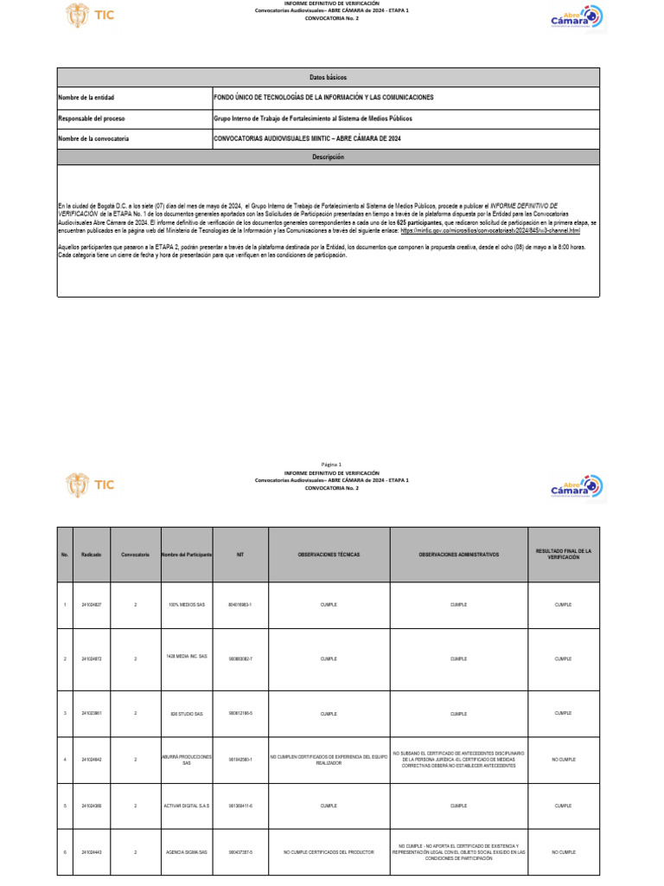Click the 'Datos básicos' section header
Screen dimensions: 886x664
[x=328, y=78]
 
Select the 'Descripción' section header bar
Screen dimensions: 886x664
[x=328, y=157]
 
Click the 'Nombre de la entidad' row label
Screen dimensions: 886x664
[x=86, y=98]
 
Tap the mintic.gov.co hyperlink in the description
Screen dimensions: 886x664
[x=490, y=231]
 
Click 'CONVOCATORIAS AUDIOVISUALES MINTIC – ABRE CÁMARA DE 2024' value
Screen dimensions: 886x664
[x=307, y=138]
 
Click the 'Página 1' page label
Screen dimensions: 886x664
[x=331, y=464]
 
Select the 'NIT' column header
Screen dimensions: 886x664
[x=240, y=554]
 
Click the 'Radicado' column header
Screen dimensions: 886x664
[x=92, y=554]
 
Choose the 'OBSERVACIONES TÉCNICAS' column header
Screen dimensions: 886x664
[x=329, y=554]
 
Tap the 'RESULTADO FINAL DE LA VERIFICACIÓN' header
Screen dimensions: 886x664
[x=563, y=554]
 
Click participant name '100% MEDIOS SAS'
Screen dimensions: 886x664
[x=187, y=604]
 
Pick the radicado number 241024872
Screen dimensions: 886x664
[x=92, y=658]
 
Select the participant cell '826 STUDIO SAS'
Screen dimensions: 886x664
[x=187, y=714]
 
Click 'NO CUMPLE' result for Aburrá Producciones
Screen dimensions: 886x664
[x=563, y=760]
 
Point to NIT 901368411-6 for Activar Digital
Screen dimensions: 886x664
[x=240, y=806]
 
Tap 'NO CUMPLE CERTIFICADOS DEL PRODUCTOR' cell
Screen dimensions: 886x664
[x=329, y=852]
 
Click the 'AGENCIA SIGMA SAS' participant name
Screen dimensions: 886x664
[x=187, y=852]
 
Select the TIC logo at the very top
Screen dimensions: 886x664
[x=90, y=15]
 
